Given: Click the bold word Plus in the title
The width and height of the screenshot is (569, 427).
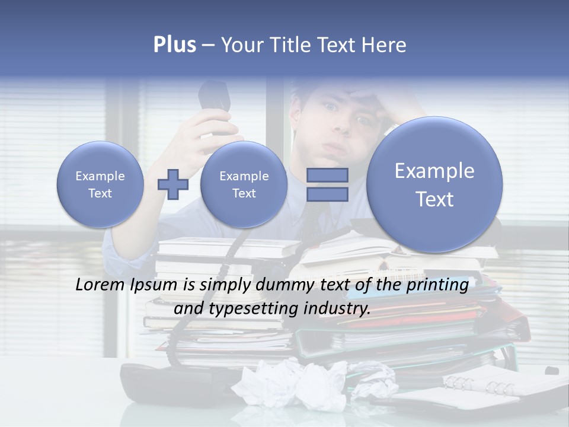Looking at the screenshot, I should (174, 45).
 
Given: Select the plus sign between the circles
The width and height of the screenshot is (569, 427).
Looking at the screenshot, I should (172, 184).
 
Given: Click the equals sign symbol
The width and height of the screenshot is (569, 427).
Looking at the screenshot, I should (327, 184).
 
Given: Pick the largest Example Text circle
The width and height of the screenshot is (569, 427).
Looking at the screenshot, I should (434, 184).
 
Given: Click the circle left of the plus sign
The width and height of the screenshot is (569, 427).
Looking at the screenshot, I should (100, 184).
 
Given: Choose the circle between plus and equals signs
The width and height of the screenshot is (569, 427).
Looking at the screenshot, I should (244, 184).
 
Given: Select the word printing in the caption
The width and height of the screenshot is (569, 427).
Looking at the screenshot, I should (439, 285).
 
